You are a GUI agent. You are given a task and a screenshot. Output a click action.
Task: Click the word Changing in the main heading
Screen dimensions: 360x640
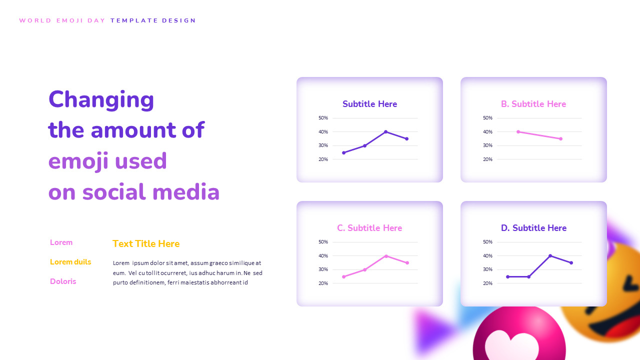(x=101, y=99)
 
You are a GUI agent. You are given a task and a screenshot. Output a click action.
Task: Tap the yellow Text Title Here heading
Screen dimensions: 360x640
(x=146, y=244)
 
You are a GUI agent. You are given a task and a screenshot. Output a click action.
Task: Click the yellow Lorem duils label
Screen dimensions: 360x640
(x=70, y=262)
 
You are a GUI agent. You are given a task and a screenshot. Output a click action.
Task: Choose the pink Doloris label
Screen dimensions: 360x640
(x=63, y=281)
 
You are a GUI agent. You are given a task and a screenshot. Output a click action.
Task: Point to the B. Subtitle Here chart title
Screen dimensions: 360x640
(x=533, y=104)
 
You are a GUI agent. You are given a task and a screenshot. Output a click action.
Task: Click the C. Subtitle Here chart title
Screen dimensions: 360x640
(x=369, y=228)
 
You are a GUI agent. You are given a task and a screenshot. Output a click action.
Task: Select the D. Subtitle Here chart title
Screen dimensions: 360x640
(x=533, y=228)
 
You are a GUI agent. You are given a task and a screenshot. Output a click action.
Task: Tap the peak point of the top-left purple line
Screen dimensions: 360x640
(x=385, y=131)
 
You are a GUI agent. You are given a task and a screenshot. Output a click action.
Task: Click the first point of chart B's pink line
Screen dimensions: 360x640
(x=518, y=132)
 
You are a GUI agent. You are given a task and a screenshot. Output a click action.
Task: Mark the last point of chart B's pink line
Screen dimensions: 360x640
(x=560, y=138)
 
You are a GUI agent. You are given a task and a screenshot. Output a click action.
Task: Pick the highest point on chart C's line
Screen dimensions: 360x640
(x=386, y=255)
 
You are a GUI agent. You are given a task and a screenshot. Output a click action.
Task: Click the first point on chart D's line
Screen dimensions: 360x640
(x=507, y=276)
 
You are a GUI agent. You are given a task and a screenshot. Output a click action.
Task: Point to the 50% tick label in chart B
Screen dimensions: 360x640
(x=487, y=118)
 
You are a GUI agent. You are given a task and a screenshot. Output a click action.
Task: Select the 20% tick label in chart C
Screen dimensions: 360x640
(x=323, y=283)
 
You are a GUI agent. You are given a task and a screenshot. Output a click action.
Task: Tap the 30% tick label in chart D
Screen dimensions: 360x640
(x=487, y=269)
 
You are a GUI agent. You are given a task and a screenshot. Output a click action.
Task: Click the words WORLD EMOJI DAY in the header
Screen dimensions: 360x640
(x=62, y=20)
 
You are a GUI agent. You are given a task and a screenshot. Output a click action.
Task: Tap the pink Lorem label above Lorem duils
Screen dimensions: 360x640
(x=61, y=242)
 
